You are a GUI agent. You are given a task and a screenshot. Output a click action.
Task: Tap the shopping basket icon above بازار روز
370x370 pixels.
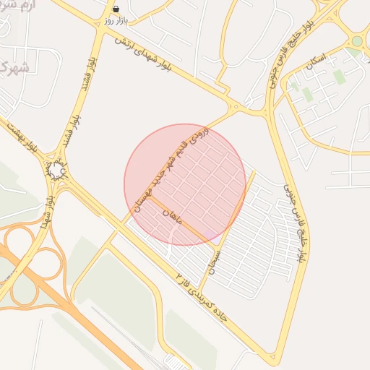coord(117,9)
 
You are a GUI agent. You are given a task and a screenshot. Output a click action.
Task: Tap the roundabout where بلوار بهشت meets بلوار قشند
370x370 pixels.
coord(57,171)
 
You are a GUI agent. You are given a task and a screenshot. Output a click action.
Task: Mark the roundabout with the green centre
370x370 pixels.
coord(356,41)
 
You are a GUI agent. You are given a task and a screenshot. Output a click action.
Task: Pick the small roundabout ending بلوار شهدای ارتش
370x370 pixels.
coord(236,109)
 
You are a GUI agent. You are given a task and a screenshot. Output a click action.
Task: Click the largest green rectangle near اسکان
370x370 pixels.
coord(340,77)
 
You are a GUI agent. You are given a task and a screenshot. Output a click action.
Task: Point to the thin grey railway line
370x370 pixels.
coord(123,325)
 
